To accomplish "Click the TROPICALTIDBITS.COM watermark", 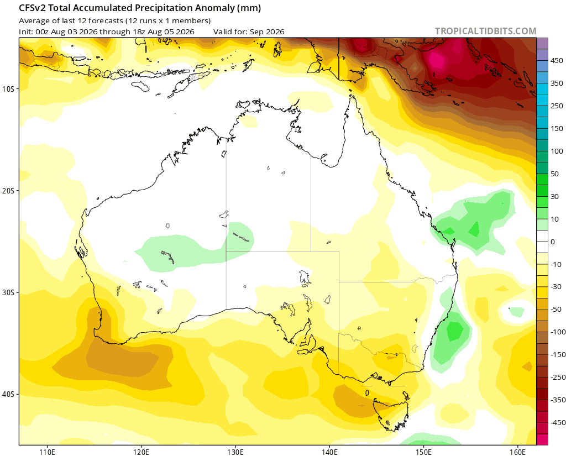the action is [485, 31].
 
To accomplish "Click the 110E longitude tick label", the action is [48, 452].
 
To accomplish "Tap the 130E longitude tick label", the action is [235, 452].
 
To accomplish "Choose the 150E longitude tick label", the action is [424, 452].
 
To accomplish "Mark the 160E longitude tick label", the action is [518, 452].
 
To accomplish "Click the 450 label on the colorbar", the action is [557, 61].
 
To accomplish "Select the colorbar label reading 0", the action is [553, 242].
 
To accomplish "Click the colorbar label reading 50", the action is [555, 174].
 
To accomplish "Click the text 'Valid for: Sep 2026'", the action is [249, 32].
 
